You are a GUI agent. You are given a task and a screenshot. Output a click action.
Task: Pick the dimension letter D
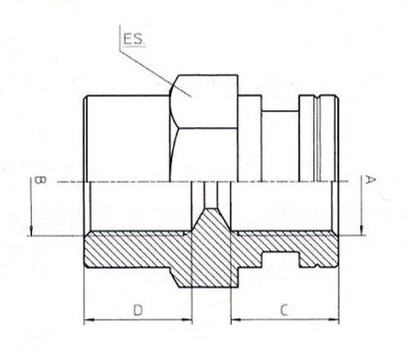pyautogui.click(x=138, y=310)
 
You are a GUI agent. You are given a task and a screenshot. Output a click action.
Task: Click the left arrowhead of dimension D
pyautogui.click(x=90, y=319)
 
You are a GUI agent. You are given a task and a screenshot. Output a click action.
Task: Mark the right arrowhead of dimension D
pyautogui.click(x=186, y=319)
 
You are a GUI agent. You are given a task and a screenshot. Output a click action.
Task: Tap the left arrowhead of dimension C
pyautogui.click(x=236, y=319)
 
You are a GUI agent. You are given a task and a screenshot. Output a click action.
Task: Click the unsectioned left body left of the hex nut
pyautogui.click(x=126, y=138)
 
